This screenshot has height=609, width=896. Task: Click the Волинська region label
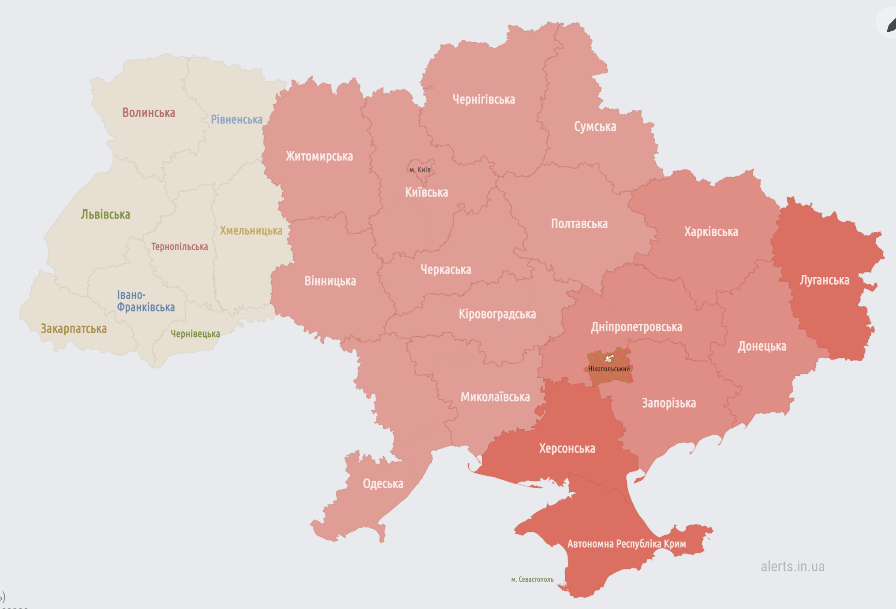149,113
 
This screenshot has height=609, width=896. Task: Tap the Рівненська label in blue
236,119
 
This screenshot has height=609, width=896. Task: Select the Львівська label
105,215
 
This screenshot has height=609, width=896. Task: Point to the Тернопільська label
179,247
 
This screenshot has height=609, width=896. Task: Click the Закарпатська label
74,329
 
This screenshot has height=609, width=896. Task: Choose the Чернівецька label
195,334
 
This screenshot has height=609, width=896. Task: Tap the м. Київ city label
420,170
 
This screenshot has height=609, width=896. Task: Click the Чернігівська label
484,100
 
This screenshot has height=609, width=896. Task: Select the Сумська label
595,127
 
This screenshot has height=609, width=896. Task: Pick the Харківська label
711,232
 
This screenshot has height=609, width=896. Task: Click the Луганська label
824,280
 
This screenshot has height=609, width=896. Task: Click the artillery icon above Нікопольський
609,358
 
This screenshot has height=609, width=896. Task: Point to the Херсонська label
567,449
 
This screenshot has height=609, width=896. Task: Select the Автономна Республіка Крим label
626,544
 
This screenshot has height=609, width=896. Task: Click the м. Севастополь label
532,579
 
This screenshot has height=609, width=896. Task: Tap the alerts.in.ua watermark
792,566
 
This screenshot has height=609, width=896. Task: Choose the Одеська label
383,484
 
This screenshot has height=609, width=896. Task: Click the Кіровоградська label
497,314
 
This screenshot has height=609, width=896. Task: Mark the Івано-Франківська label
146,301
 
